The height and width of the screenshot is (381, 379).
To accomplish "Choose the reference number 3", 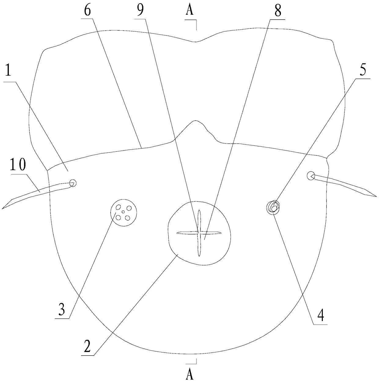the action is (61, 310).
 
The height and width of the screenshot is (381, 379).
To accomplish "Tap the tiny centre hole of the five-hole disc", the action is (123, 212).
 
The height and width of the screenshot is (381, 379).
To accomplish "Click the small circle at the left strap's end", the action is (73, 183).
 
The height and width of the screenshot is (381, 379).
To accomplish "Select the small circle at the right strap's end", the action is (311, 176).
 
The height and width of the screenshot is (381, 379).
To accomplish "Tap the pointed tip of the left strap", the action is (3, 208).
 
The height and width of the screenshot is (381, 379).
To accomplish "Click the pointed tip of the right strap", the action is (376, 196).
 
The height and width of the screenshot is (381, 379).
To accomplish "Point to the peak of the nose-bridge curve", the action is (195, 121).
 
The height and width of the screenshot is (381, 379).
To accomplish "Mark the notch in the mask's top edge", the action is (196, 42).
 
